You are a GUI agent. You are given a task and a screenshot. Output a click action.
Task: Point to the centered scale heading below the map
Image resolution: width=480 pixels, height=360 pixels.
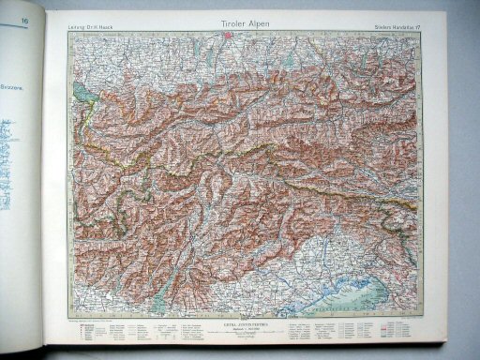[230, 323]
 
